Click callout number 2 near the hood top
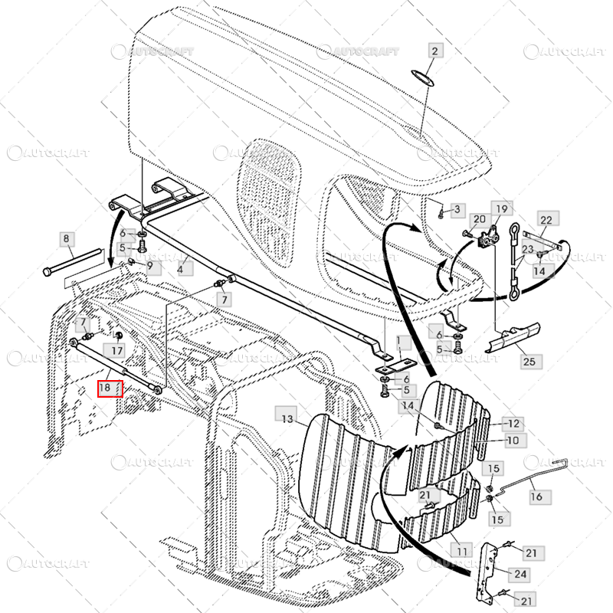point(434,52)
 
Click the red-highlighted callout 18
point(107,388)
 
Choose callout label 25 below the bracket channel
point(529,360)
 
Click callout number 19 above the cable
point(500,209)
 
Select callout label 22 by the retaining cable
point(546,220)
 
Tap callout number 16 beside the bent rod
point(536,497)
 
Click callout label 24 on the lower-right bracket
point(520,574)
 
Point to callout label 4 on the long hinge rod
point(182,270)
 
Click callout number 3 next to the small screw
point(457,209)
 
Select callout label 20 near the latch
point(480,220)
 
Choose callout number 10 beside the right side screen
point(513,441)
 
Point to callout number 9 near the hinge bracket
point(149,266)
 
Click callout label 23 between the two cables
point(528,249)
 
